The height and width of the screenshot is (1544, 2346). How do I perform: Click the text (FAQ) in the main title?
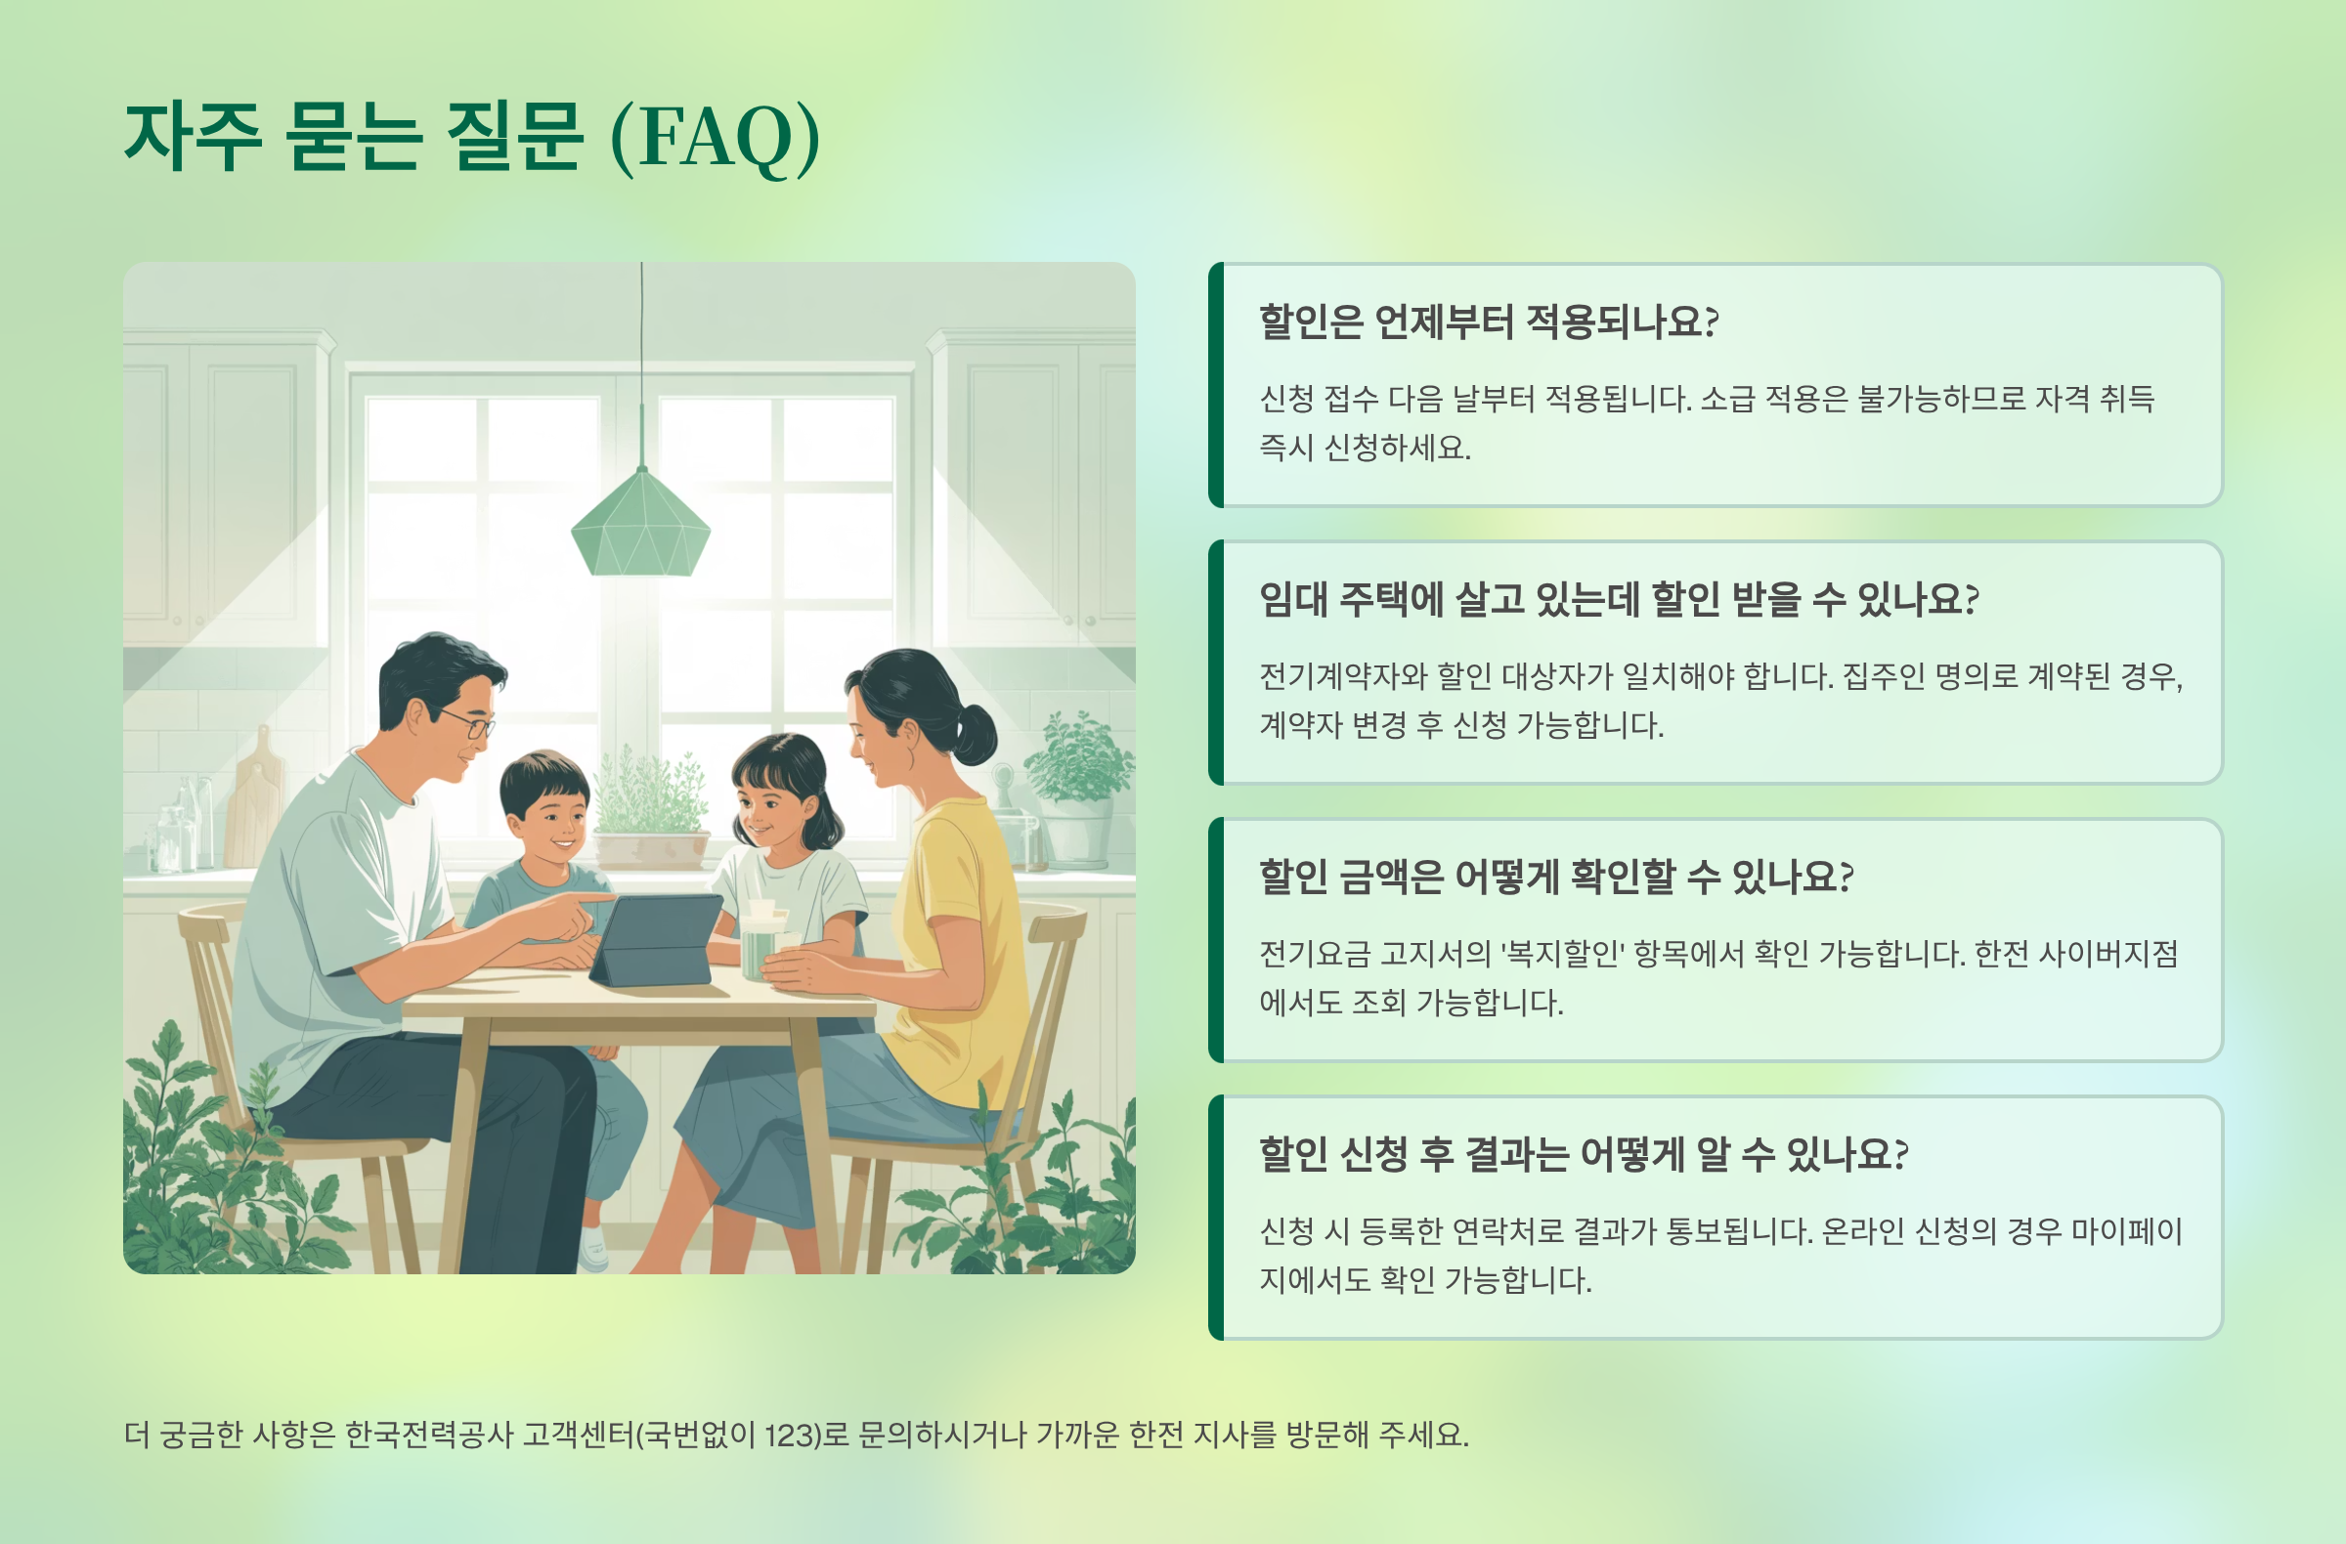[x=716, y=138]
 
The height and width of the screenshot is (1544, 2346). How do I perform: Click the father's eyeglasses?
[x=472, y=723]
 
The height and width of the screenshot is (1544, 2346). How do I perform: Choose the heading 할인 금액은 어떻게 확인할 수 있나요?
[x=1555, y=877]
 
